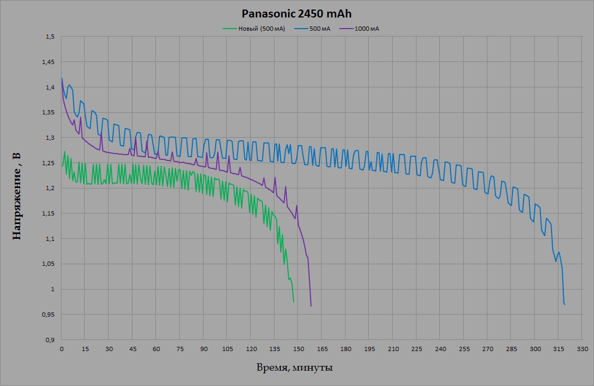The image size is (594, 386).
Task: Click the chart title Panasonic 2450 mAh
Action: pyautogui.click(x=296, y=13)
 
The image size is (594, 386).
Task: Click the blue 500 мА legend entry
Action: pyautogui.click(x=320, y=29)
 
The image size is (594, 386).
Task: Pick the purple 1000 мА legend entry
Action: pyautogui.click(x=367, y=29)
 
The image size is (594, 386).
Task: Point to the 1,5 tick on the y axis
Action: pyautogui.click(x=50, y=37)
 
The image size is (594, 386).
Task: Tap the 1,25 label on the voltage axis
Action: pyautogui.click(x=49, y=163)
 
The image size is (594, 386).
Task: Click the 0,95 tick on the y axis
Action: pyautogui.click(x=49, y=315)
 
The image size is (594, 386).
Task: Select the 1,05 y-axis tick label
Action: pyautogui.click(x=49, y=264)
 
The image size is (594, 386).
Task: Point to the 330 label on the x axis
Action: pyautogui.click(x=582, y=349)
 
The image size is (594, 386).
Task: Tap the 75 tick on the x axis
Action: pyautogui.click(x=180, y=349)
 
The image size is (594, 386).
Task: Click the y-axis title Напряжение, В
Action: pyautogui.click(x=17, y=196)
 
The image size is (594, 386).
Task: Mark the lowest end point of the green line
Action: pyautogui.click(x=294, y=302)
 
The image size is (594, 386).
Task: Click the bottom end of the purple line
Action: pyautogui.click(x=311, y=306)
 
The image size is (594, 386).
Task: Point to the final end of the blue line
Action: pyautogui.click(x=565, y=304)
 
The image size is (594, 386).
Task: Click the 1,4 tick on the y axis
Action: pyautogui.click(x=50, y=87)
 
